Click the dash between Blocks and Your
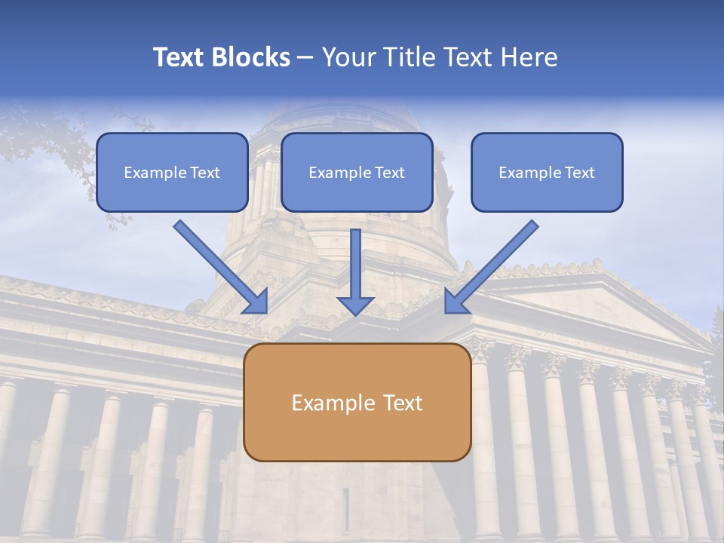[305, 58]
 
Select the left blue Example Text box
[172, 172]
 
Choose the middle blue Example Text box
[357, 172]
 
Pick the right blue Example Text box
[547, 172]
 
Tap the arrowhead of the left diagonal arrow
[256, 301]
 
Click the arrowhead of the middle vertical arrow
[355, 305]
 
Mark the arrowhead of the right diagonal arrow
[456, 301]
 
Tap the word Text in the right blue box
[580, 173]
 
